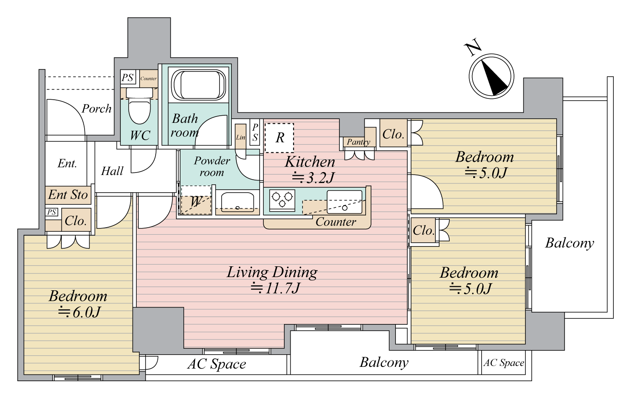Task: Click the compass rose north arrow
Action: click(491, 76)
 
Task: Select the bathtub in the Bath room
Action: click(199, 85)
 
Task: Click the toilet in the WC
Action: click(139, 106)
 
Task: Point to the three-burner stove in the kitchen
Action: click(282, 200)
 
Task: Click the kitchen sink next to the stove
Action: click(344, 202)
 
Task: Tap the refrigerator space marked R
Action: click(279, 138)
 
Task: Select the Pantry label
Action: click(358, 142)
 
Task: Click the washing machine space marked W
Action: click(196, 200)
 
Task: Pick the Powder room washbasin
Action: click(238, 202)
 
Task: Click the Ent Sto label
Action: click(68, 195)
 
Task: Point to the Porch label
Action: click(96, 109)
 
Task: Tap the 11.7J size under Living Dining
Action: click(276, 288)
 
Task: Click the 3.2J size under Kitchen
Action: click(313, 178)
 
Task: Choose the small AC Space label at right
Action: click(504, 363)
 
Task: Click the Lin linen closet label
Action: click(240, 138)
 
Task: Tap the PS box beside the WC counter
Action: click(127, 77)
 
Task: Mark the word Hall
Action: click(112, 171)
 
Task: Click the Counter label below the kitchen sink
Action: click(336, 222)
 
